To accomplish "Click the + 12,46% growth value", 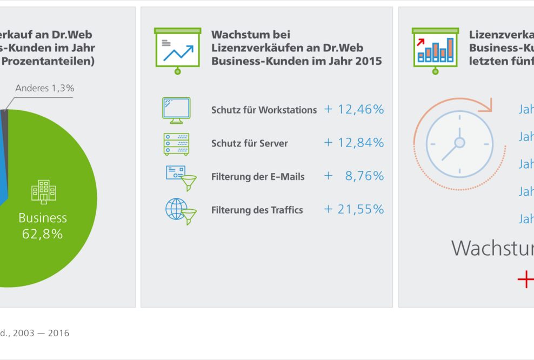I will click(354, 110).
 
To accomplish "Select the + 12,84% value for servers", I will click(354, 143).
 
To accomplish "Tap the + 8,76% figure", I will click(354, 176).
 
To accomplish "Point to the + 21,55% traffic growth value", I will click(354, 209).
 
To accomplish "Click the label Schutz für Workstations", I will click(264, 110).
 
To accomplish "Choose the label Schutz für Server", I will click(249, 144).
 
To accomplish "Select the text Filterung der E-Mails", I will click(258, 177).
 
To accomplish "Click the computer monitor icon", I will click(176, 108).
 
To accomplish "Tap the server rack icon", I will click(176, 143).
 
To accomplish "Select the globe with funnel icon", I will click(180, 210).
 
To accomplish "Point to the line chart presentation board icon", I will click(177, 50).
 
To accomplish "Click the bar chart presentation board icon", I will click(435, 50).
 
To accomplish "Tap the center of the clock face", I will click(459, 143).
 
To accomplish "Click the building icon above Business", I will click(43, 192).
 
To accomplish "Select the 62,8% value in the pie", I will click(42, 234).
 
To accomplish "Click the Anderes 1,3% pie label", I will click(44, 88).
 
